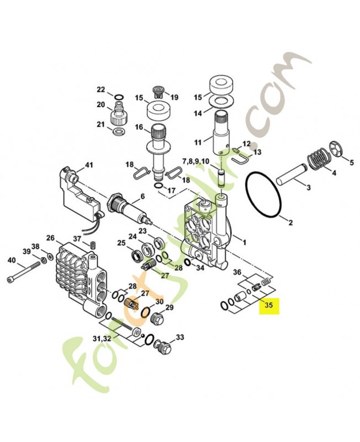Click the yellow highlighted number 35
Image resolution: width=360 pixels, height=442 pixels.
269,304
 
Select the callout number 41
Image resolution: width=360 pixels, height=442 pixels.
89,165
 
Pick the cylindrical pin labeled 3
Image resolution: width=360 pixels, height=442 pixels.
293,178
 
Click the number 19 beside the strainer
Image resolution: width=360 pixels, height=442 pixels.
174,97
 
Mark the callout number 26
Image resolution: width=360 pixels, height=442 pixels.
50,238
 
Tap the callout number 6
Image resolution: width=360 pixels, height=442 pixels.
142,196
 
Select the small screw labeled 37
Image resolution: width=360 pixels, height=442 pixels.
93,245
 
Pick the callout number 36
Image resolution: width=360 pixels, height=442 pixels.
237,272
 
